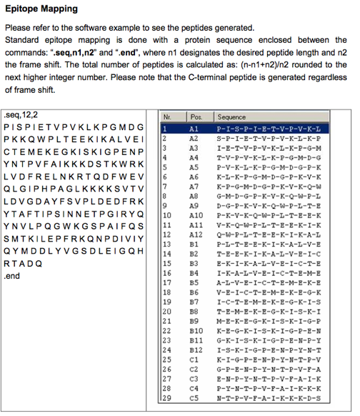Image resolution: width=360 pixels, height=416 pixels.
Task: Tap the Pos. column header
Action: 194,116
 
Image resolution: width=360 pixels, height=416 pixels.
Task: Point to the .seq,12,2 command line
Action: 22,114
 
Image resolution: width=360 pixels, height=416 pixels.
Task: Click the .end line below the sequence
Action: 14,275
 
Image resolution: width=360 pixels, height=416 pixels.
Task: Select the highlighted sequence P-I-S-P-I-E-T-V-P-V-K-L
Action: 272,127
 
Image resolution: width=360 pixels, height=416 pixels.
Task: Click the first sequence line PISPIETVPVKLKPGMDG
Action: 74,127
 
